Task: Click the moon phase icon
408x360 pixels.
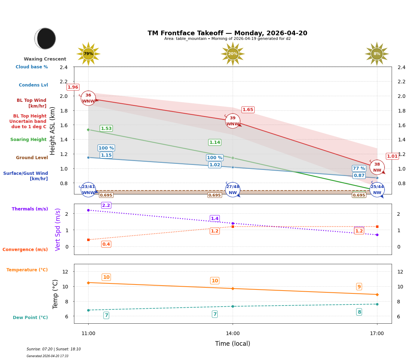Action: [45, 38]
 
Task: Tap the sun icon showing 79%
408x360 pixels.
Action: [88, 54]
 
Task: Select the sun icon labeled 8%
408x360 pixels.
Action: [377, 54]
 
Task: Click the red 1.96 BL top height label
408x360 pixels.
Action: [73, 87]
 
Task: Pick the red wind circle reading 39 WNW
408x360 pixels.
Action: [233, 121]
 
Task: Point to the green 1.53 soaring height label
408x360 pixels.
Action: [106, 129]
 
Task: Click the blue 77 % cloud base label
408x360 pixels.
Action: [359, 168]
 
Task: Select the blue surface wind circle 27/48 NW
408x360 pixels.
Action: [233, 189]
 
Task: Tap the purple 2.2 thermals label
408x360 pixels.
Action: [106, 205]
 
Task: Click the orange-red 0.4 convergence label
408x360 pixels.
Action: [106, 244]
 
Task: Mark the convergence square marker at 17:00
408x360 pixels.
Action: [377, 226]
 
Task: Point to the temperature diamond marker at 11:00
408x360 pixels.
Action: [88, 283]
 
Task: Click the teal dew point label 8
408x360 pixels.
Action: [359, 312]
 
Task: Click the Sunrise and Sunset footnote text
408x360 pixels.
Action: [54, 349]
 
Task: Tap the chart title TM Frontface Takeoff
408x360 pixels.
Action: [227, 33]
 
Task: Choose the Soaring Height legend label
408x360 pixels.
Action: [28, 140]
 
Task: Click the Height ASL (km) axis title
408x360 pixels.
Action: [53, 131]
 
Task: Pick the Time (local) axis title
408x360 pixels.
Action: [232, 344]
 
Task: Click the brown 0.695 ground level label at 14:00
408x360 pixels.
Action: [214, 195]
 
